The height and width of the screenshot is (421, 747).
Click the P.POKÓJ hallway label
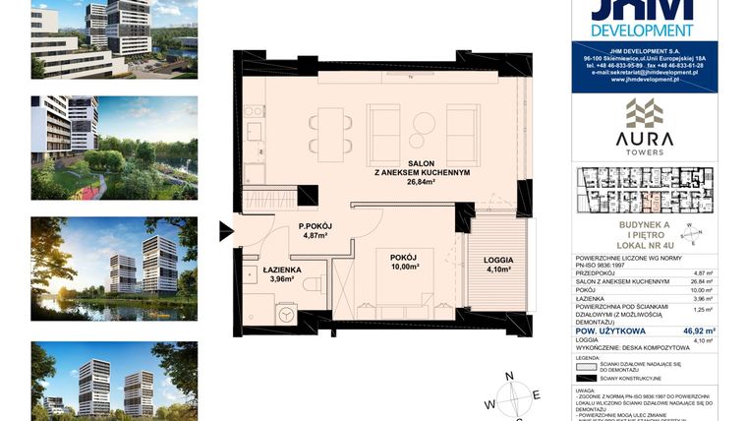316,226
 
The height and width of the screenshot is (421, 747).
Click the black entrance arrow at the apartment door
225,232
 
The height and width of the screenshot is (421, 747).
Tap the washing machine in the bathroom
286,314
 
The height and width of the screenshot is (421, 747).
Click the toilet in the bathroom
313,284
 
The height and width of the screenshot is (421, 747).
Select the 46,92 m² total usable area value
699,331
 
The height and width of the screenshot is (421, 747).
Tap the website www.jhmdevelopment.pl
645,80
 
